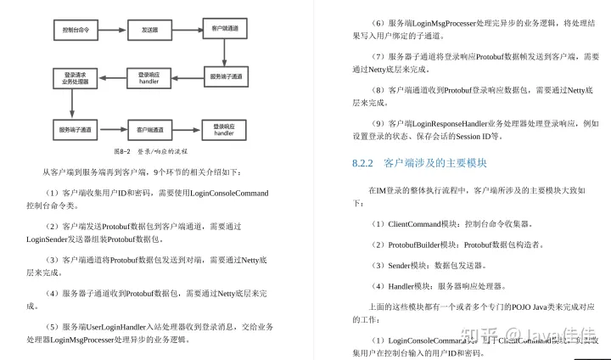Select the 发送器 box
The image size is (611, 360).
[x=149, y=30]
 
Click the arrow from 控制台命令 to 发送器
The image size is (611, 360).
[x=112, y=30]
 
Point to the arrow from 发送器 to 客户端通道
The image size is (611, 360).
[x=185, y=30]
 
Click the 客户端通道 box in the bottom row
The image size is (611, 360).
[x=149, y=130]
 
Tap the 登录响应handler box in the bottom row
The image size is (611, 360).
[x=224, y=130]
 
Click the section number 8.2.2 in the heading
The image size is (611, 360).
[x=363, y=161]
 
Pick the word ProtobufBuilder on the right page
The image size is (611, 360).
[x=411, y=244]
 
